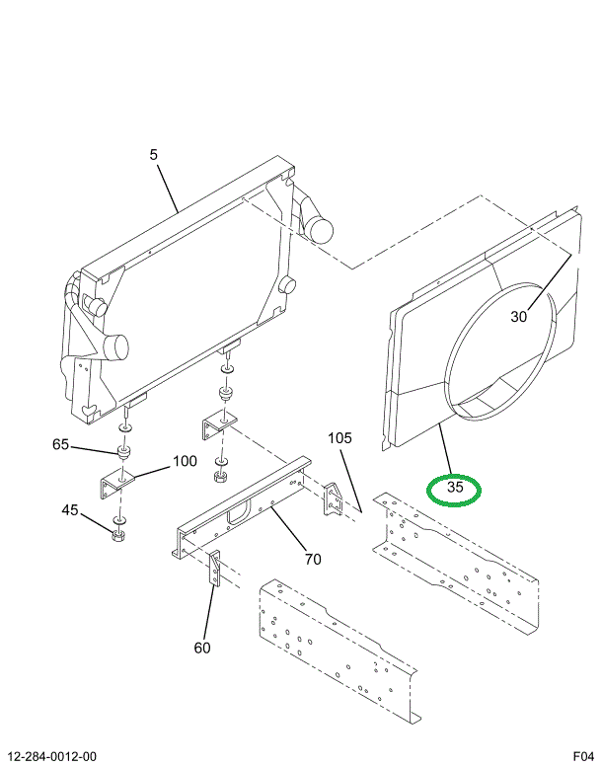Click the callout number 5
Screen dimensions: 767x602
tap(154, 154)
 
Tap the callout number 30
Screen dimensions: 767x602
tap(519, 317)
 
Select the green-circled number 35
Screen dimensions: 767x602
tap(455, 488)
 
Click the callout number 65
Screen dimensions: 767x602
tap(61, 445)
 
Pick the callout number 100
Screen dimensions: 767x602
tap(185, 461)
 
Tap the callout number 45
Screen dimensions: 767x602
tap(70, 510)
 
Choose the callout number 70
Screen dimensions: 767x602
tap(313, 560)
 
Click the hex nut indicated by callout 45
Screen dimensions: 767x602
tap(118, 536)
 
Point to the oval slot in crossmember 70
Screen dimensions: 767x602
tap(238, 512)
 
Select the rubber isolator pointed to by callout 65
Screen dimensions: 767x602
tap(125, 453)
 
